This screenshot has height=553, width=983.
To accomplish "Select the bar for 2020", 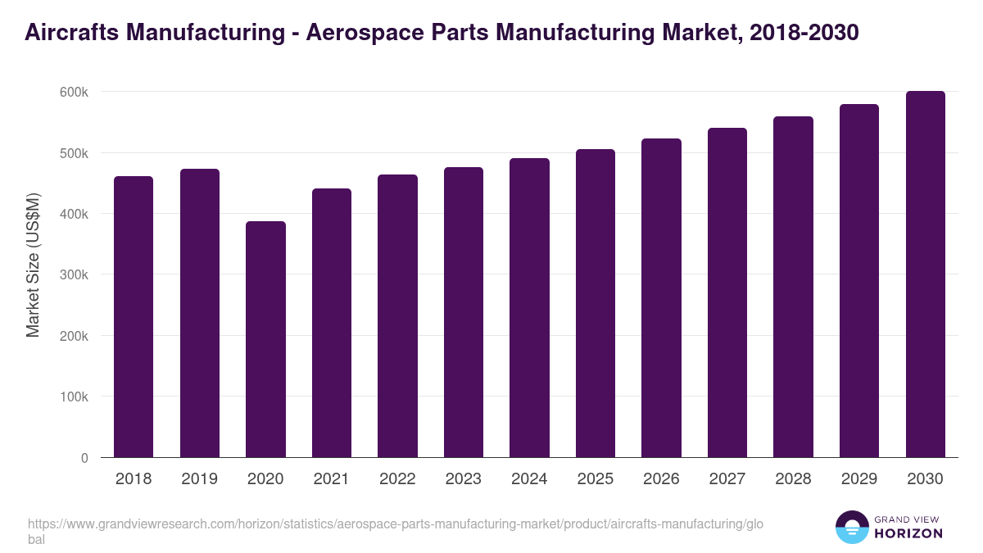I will tap(265, 339).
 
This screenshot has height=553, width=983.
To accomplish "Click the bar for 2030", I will tap(925, 274).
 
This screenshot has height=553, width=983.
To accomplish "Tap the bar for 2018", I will tap(134, 317).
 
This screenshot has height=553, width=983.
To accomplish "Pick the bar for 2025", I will tap(596, 303).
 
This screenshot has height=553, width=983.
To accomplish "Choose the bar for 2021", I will tap(332, 323).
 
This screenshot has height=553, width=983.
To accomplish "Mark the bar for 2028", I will tap(793, 287).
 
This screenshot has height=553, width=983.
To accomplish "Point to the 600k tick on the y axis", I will tap(74, 92).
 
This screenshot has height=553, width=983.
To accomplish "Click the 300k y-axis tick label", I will tap(74, 275).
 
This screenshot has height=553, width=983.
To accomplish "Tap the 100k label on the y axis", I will tap(74, 397).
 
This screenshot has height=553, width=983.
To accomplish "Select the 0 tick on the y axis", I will tap(84, 458).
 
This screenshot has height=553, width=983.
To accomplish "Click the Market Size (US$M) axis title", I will tap(33, 265).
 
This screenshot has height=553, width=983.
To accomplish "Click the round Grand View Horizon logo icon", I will tap(852, 528).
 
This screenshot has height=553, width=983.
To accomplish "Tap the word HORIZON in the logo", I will tap(908, 534).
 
